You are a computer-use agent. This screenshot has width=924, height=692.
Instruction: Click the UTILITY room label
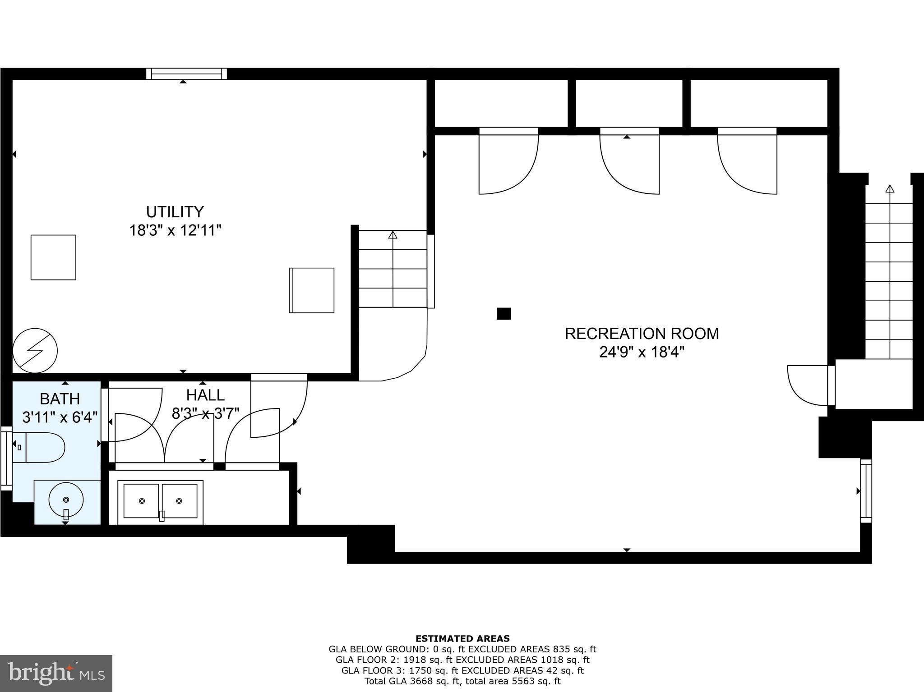[175, 212]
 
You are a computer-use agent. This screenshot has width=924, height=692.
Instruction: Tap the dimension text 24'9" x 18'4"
[642, 352]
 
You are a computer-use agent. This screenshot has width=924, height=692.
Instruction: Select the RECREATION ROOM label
[642, 334]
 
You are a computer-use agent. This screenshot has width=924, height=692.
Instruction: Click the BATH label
[60, 399]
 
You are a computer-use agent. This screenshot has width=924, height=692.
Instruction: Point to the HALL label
[205, 395]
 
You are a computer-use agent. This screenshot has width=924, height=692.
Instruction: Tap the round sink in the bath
[66, 500]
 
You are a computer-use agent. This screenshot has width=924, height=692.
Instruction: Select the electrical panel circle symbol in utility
[35, 351]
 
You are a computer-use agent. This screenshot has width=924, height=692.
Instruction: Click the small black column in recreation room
[504, 314]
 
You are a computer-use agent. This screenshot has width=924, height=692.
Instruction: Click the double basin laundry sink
[160, 502]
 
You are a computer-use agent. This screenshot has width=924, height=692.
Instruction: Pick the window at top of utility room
[186, 73]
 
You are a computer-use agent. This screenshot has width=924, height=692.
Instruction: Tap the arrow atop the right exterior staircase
[889, 189]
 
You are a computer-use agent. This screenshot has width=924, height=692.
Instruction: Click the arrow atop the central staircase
[393, 235]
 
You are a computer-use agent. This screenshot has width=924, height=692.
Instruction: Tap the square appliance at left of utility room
[53, 257]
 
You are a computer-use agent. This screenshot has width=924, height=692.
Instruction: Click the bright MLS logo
[56, 673]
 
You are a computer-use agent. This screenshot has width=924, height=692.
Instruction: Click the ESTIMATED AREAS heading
[462, 638]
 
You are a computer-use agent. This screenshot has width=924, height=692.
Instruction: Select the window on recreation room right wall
[866, 490]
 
